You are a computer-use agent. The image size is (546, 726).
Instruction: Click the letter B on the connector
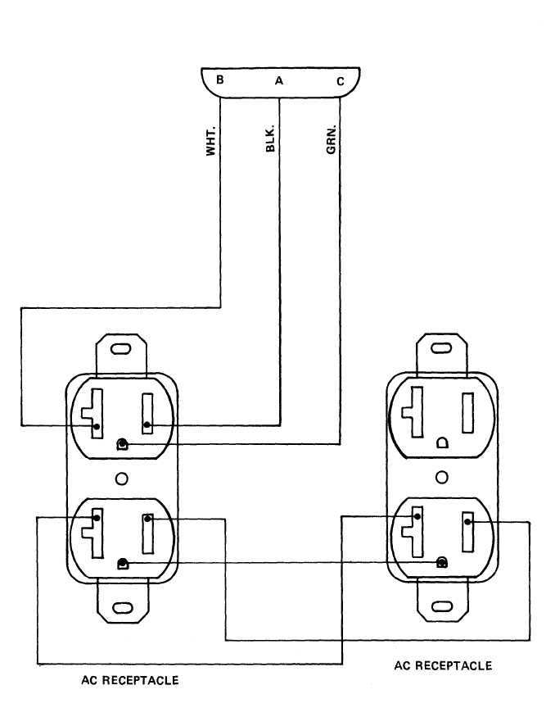[220, 79]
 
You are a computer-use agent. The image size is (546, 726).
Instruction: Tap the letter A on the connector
[279, 80]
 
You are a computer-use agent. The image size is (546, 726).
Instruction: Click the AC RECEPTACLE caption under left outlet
[130, 680]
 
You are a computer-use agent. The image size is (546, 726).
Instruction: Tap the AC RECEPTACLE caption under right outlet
[443, 665]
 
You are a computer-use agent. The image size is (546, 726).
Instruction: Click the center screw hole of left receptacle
[122, 479]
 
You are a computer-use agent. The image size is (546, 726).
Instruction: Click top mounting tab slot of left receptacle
[122, 350]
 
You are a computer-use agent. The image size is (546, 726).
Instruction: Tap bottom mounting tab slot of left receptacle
[123, 608]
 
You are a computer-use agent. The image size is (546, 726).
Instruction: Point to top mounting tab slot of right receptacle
[442, 348]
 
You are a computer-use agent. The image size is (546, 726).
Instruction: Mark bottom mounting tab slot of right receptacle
[442, 607]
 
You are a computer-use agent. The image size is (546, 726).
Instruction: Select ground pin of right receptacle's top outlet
[443, 442]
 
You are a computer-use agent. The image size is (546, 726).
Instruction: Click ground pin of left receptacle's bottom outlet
[123, 563]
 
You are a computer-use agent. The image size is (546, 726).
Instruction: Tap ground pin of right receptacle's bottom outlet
[443, 562]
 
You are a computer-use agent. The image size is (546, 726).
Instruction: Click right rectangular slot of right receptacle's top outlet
[469, 413]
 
